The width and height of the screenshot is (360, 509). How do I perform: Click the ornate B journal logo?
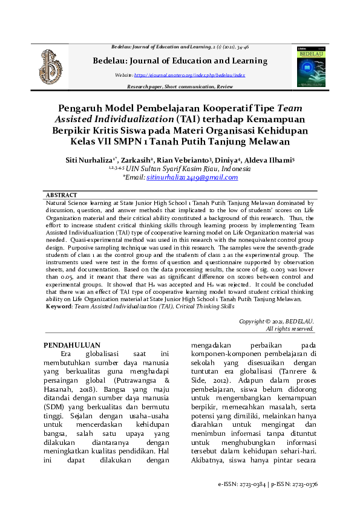tap(51, 67)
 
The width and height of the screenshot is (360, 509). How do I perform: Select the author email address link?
tap(192, 178)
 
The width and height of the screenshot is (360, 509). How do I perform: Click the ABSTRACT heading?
tap(62, 195)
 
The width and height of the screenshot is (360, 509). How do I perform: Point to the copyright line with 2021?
tap(276, 322)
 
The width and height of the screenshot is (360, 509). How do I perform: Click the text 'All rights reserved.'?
tap(290, 329)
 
